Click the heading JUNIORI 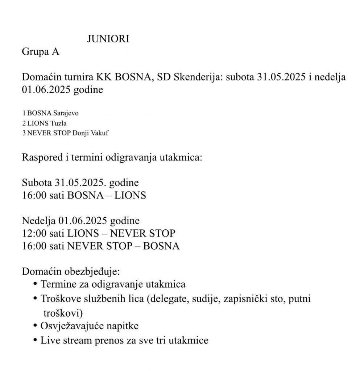tap(108, 39)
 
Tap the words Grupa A tap(40, 52)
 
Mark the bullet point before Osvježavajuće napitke tap(35, 325)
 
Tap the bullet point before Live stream tap(35, 340)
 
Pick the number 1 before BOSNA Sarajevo tap(24, 113)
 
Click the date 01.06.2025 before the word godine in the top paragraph tap(46, 89)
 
